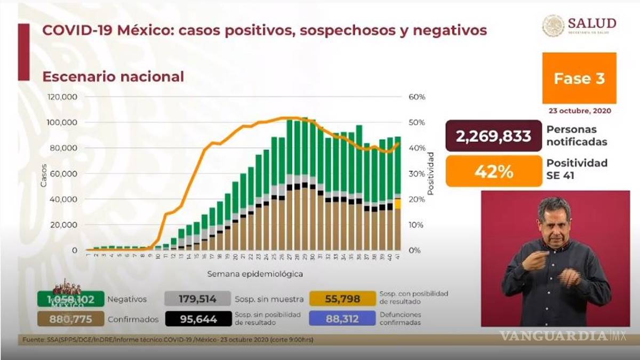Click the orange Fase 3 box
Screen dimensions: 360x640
click(579, 78)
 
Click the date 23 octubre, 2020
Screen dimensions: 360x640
click(579, 111)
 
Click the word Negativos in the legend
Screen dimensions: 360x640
click(127, 300)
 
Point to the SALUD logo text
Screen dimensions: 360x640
click(591, 23)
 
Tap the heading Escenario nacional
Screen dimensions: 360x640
click(113, 77)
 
